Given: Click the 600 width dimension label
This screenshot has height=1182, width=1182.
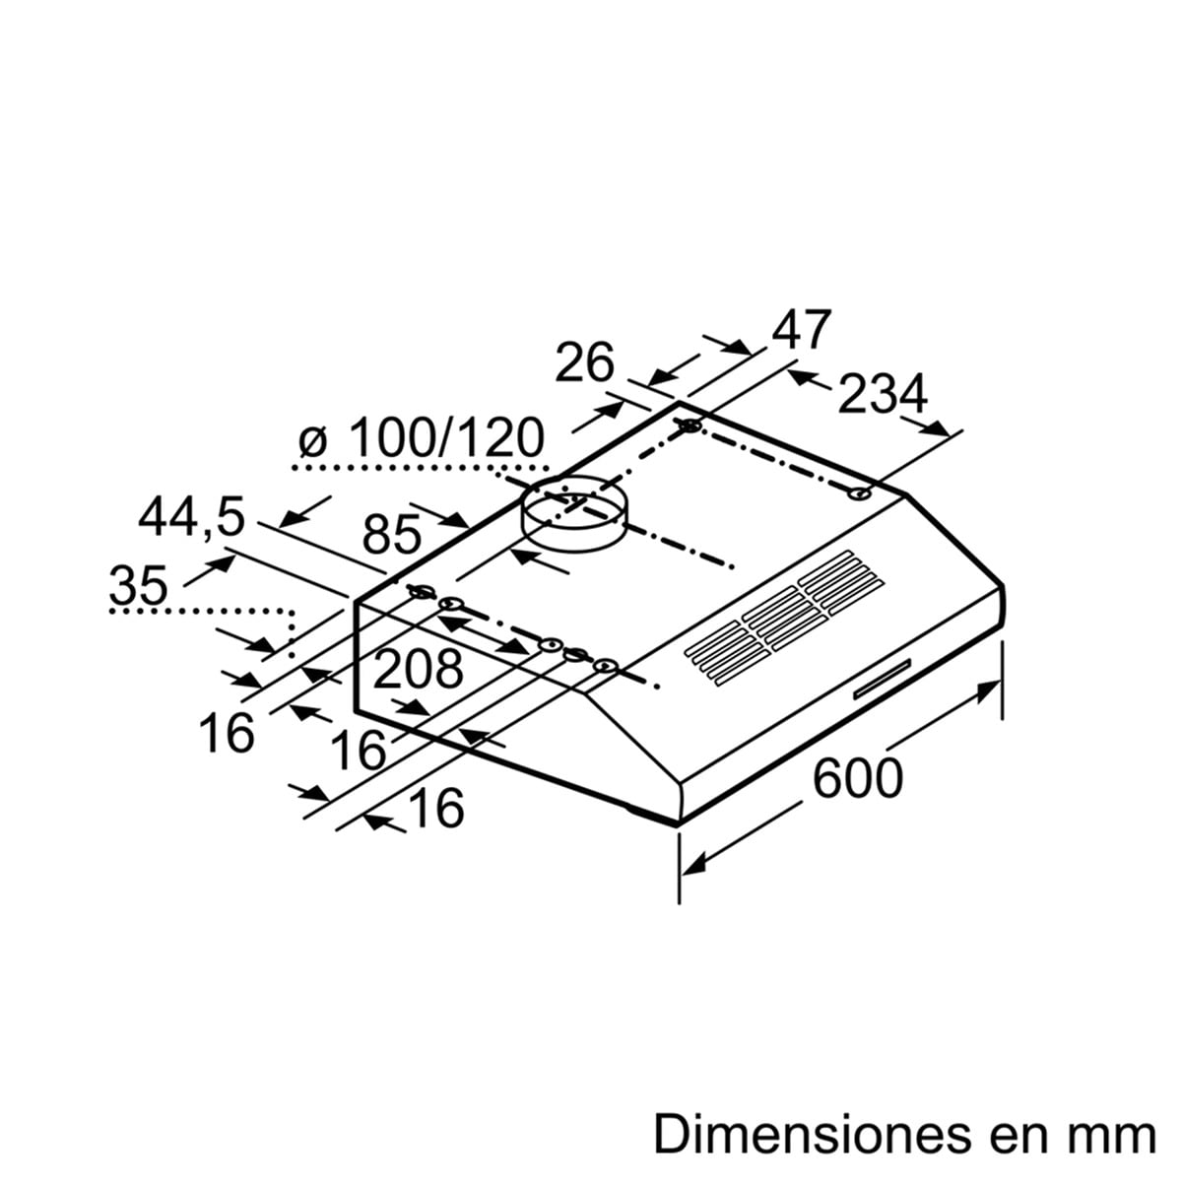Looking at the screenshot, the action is click(x=858, y=778).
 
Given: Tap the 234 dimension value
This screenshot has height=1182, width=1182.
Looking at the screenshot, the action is click(x=882, y=395).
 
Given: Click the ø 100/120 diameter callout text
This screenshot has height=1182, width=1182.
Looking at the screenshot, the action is click(x=422, y=438).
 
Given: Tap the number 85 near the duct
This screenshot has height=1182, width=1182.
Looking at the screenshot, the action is click(x=392, y=534).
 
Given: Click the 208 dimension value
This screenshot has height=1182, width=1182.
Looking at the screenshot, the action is click(x=419, y=668).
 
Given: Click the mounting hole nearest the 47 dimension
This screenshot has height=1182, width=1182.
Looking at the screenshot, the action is click(x=690, y=426).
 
